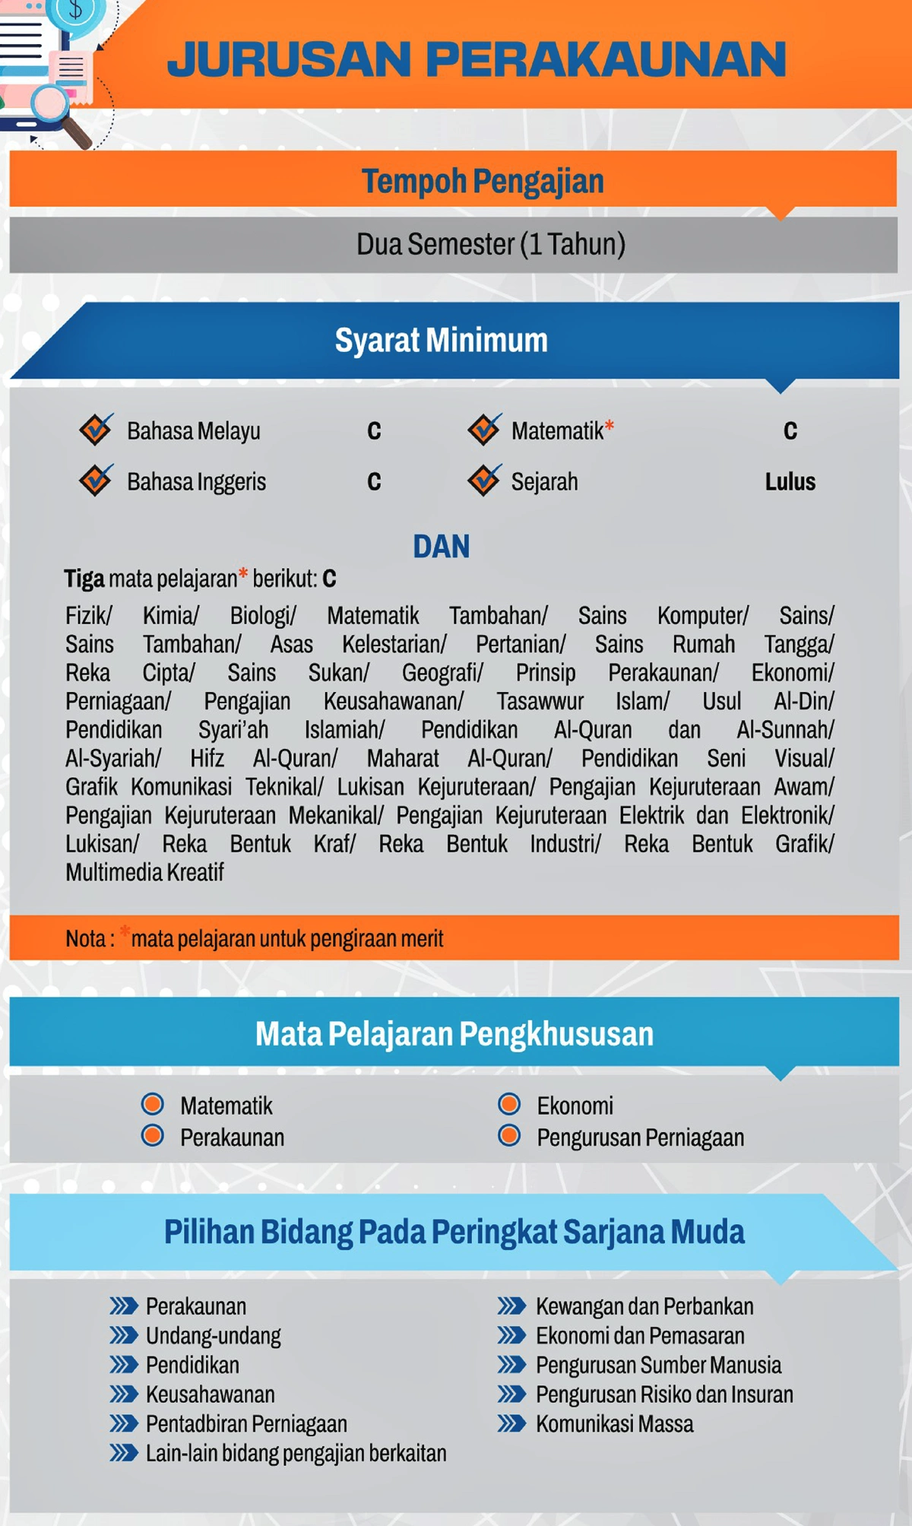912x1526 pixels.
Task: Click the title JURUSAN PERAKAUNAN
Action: click(x=477, y=59)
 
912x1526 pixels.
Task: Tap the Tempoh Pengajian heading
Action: click(x=483, y=181)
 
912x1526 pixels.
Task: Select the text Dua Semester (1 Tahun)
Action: click(x=491, y=244)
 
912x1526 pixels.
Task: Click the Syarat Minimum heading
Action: click(x=441, y=340)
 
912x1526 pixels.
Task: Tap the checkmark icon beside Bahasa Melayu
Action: click(x=97, y=430)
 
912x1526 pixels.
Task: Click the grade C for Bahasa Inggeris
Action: click(x=374, y=481)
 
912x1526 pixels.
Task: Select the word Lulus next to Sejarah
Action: click(x=790, y=481)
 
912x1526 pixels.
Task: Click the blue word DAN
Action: click(x=441, y=546)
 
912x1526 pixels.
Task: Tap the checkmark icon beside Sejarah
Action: click(x=484, y=480)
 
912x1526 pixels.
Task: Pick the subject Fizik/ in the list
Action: click(x=89, y=615)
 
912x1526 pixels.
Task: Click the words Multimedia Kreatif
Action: click(x=144, y=872)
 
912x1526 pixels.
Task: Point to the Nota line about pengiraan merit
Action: click(x=255, y=938)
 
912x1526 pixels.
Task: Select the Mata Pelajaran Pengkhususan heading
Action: click(x=454, y=1033)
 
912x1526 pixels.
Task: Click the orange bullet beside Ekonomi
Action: click(x=509, y=1104)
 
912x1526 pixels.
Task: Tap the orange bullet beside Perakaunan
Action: click(x=153, y=1136)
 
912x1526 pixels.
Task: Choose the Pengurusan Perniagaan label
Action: click(x=640, y=1137)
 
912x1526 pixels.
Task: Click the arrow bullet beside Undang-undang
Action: click(x=123, y=1335)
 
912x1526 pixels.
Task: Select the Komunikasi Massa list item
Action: click(x=614, y=1423)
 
